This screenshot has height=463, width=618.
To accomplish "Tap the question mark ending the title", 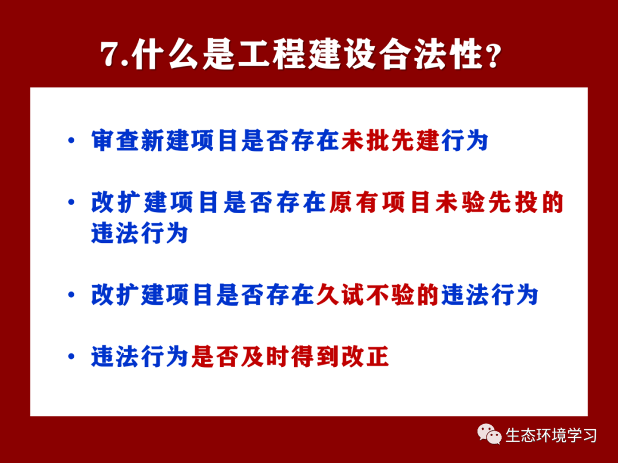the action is tap(493, 55).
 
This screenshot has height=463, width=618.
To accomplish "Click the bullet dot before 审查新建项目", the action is tap(72, 141).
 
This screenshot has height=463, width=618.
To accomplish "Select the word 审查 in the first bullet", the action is tap(116, 141).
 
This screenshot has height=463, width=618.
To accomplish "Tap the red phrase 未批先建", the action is tap(390, 141).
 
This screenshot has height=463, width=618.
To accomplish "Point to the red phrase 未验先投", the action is tap(486, 202).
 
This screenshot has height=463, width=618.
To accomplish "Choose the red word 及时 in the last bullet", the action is tap(266, 357).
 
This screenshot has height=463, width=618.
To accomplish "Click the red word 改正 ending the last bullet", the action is tap(365, 357).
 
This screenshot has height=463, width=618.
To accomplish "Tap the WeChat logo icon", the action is tap(489, 434).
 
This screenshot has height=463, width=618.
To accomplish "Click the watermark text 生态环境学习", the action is tap(550, 436).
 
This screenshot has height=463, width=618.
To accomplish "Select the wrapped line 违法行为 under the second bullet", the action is tap(140, 233).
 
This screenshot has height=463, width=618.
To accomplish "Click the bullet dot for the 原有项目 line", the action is tap(72, 202).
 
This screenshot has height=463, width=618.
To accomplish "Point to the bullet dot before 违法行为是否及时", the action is tap(72, 357).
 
